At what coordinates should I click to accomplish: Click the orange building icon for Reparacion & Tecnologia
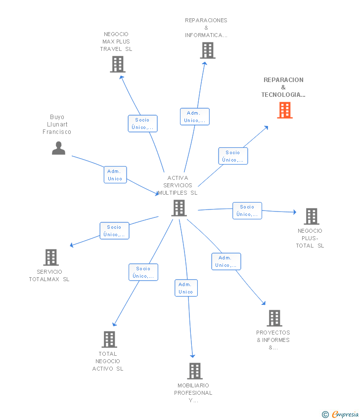coord(285,110)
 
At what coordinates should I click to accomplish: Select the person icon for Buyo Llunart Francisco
coord(58,148)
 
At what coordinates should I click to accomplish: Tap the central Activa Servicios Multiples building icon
coord(179,208)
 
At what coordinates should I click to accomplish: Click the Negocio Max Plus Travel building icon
coord(118,64)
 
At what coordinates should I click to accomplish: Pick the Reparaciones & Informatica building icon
coord(208,50)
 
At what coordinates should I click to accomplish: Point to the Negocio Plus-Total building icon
coord(312,216)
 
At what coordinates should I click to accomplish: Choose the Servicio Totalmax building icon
coord(51,257)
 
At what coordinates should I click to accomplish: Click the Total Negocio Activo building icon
coord(109,339)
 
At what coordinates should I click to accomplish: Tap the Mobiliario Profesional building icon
coord(195,371)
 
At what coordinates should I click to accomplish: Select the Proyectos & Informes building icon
coord(274,318)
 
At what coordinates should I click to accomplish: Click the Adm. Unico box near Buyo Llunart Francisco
coord(115,174)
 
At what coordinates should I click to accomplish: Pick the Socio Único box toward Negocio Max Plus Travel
coord(142,124)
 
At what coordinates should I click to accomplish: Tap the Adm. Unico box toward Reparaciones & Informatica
coord(195,117)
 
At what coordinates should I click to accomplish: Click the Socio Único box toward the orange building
coord(233,156)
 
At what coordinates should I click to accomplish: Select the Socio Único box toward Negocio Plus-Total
coord(247,210)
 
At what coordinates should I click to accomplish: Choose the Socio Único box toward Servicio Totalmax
coord(114,231)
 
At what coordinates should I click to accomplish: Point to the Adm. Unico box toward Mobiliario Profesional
coord(186,288)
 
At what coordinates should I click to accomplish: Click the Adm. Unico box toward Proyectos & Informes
coord(226,261)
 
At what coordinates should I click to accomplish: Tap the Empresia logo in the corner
coord(340,415)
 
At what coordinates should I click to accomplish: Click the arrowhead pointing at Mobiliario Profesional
coord(192,356)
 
